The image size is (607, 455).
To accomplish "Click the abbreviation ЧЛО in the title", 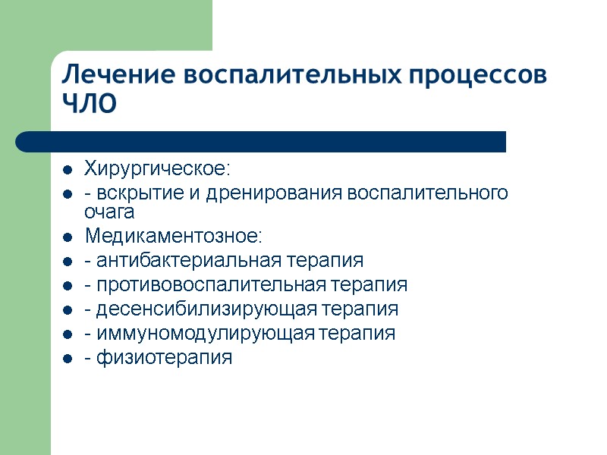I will point(90,105).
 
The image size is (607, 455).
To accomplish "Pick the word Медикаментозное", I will point(173,237).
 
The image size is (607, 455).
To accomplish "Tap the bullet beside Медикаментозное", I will point(68,237).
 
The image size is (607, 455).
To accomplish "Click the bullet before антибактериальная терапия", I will point(68,262).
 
